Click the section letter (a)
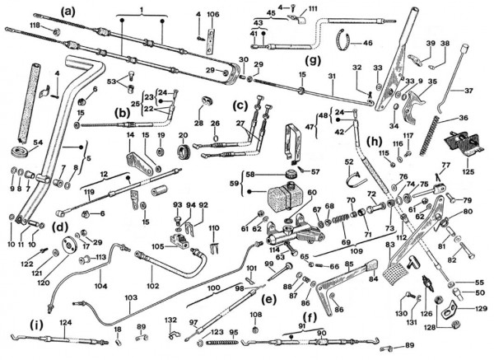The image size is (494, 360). [x=68, y=11]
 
